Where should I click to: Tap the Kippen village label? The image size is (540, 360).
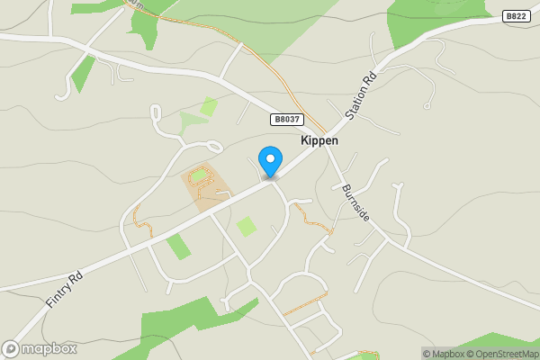(x=319, y=140)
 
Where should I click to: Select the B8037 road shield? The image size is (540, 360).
(x=286, y=119)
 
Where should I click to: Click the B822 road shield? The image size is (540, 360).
(x=515, y=16)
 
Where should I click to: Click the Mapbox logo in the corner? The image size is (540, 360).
(x=40, y=349)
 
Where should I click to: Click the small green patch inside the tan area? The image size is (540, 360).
(x=198, y=176)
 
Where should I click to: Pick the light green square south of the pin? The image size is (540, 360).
(x=246, y=226)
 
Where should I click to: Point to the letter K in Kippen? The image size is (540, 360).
(x=303, y=140)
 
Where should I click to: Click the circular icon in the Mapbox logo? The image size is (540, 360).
(x=11, y=349)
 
